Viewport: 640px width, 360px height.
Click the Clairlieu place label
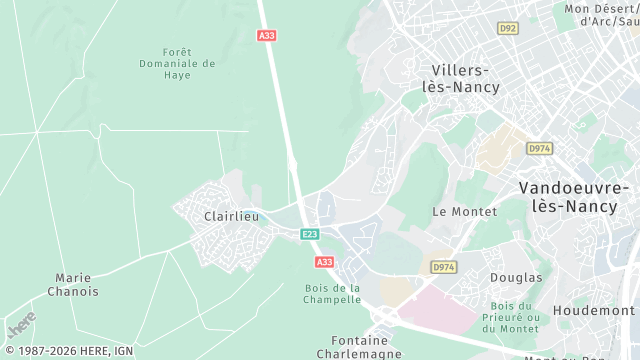231,216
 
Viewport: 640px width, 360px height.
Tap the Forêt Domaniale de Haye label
177,63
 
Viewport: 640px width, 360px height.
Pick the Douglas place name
516,277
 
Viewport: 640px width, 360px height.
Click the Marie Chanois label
73,285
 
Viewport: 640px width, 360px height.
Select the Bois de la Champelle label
332,293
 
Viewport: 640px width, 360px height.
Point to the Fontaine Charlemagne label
359,346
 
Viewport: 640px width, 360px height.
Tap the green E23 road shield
310,234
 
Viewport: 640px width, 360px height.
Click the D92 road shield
508,28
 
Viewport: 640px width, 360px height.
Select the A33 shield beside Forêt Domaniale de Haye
266,35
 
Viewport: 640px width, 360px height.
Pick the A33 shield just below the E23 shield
324,262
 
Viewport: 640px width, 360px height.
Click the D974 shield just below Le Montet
443,267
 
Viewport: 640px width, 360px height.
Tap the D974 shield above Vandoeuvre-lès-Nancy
539,148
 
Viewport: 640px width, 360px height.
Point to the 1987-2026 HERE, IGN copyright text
68,351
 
